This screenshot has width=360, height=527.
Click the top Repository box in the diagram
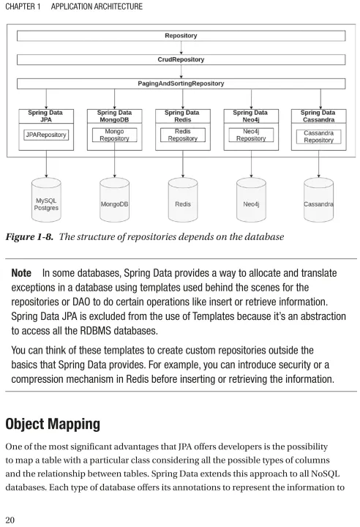tap(181, 36)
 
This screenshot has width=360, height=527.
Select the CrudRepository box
tap(181, 59)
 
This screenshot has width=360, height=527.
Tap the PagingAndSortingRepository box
tap(181, 83)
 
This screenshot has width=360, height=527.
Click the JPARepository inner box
tap(46, 135)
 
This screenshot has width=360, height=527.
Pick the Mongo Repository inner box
tap(114, 135)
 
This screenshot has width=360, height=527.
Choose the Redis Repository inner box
tap(182, 135)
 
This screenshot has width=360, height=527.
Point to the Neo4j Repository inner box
tap(251, 135)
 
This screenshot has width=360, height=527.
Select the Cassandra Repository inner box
tap(318, 137)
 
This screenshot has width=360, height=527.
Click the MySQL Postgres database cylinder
tap(46, 200)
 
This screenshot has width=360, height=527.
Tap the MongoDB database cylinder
tap(114, 200)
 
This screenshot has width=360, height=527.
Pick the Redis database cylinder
tap(182, 200)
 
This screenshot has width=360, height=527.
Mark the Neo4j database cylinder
tap(251, 200)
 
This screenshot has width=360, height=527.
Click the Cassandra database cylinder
tap(318, 200)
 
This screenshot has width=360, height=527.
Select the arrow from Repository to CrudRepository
tap(181, 48)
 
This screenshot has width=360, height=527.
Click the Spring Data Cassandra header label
tap(318, 116)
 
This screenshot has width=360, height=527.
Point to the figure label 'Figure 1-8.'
tap(29, 237)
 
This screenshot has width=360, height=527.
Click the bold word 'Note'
tap(21, 273)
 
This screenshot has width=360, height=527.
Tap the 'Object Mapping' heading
tap(53, 424)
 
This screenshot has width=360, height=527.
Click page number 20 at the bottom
tap(10, 520)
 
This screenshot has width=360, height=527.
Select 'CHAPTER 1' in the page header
tap(23, 7)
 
